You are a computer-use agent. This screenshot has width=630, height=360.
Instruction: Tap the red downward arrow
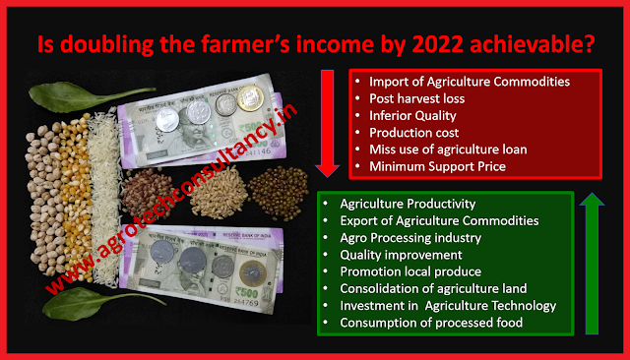click(328, 124)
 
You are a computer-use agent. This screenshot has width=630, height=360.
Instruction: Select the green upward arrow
click(592, 264)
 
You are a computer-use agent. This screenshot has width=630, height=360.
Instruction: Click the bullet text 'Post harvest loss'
click(416, 98)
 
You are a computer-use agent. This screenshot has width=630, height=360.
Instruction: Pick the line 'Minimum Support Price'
click(437, 166)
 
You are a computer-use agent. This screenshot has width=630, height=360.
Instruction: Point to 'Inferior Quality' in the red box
click(412, 116)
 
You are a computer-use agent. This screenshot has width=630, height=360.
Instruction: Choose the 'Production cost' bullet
click(413, 133)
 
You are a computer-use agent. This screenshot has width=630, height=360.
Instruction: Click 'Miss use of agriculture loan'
click(448, 150)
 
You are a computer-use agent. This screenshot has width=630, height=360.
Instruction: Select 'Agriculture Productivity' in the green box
click(408, 204)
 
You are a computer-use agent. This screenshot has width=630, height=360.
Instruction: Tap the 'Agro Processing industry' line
click(410, 238)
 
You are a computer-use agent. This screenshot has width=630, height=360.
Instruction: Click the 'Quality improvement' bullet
click(401, 255)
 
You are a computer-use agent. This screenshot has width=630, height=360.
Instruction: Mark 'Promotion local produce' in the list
click(410, 271)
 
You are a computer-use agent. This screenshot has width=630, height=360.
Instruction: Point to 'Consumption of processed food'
click(431, 323)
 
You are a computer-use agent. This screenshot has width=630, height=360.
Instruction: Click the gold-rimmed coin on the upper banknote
click(250, 98)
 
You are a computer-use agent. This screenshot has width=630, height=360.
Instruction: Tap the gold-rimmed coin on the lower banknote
click(253, 273)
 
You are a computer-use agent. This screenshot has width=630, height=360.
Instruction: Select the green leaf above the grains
click(87, 96)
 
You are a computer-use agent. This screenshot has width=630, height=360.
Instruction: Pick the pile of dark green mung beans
click(279, 194)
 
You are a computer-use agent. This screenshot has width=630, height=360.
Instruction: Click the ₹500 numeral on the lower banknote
click(246, 291)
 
